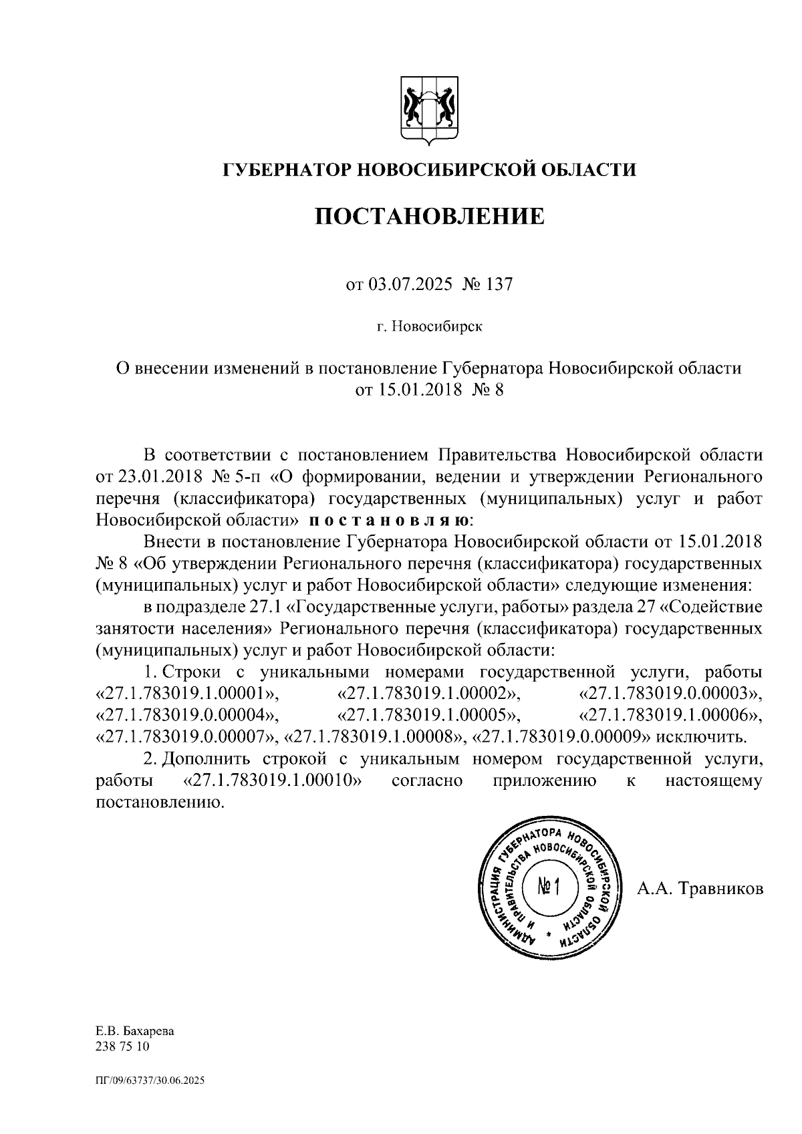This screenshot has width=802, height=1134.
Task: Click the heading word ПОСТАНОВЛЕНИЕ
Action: click(429, 217)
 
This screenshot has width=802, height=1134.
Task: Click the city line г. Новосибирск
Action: click(428, 327)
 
